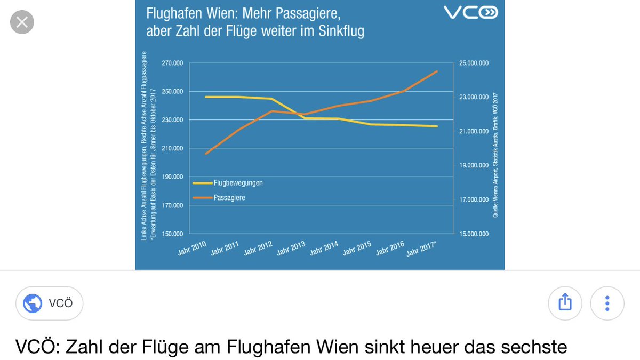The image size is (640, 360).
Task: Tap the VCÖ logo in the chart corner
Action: click(x=471, y=13)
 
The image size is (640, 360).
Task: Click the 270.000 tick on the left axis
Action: click(x=172, y=63)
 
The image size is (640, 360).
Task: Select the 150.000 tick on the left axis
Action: click(x=172, y=234)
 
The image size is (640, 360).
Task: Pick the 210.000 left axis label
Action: click(x=172, y=148)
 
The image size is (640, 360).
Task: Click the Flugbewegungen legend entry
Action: click(x=238, y=182)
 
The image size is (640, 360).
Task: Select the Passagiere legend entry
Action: click(x=229, y=197)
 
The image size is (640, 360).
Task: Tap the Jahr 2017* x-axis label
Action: click(x=422, y=250)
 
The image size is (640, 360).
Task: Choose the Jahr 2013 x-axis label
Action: click(x=291, y=250)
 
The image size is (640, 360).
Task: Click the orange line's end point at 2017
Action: click(x=437, y=71)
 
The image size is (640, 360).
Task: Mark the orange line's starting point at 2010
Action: click(x=206, y=154)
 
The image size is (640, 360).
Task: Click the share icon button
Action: click(x=565, y=303)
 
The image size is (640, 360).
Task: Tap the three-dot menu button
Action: click(x=607, y=303)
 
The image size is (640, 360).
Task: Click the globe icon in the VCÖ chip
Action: click(x=33, y=304)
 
